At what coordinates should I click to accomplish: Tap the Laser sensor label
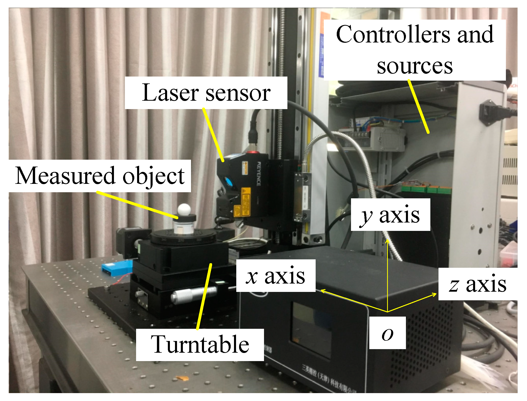click(x=206, y=93)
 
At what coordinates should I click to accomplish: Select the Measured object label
click(x=100, y=176)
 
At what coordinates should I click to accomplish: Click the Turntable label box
click(x=200, y=345)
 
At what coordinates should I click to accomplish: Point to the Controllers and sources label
click(x=415, y=50)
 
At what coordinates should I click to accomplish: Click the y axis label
click(x=390, y=215)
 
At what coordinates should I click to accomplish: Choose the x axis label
click(x=276, y=276)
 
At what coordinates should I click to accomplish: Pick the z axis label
click(x=478, y=284)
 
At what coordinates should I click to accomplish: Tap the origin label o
click(x=387, y=333)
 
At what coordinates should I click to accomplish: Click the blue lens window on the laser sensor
click(x=228, y=182)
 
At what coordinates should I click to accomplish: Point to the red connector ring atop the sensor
click(x=252, y=152)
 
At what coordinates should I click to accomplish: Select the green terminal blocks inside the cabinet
click(x=426, y=189)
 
